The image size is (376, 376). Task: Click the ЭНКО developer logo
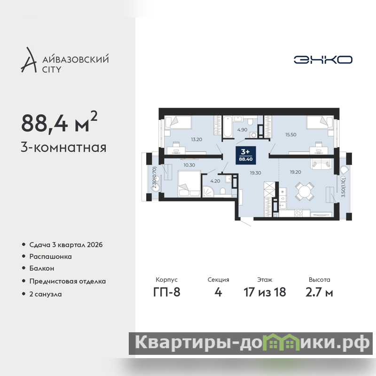click(x=323, y=60)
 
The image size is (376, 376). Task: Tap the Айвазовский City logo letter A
click(x=29, y=60)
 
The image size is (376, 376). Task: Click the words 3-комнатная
click(x=63, y=148)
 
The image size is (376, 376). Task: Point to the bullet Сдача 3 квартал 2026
click(x=66, y=245)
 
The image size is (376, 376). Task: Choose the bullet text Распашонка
click(x=51, y=257)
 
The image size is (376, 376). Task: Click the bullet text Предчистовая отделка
click(x=68, y=281)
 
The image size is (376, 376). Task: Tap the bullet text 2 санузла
click(x=46, y=294)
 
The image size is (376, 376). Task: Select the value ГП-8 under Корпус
click(x=167, y=292)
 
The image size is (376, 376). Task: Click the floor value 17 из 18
click(x=265, y=292)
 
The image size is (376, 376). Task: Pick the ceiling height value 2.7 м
click(x=319, y=292)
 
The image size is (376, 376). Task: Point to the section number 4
click(x=218, y=292)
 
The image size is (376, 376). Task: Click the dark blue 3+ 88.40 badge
click(x=246, y=156)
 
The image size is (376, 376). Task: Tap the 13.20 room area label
click(x=196, y=139)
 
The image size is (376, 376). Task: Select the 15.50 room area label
click(x=290, y=135)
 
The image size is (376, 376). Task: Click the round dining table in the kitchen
click(x=305, y=191)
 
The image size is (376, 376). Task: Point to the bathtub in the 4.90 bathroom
click(x=228, y=126)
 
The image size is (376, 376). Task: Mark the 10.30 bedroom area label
click(x=189, y=165)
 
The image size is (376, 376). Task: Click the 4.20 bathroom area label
click(x=215, y=181)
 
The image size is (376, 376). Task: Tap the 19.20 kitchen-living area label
click(x=296, y=172)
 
